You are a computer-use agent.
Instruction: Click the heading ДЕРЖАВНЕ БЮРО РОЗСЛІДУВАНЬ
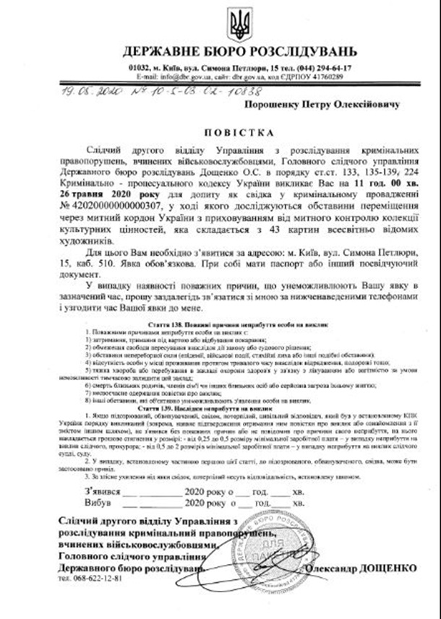239,52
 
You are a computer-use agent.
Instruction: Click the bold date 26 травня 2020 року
92,195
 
